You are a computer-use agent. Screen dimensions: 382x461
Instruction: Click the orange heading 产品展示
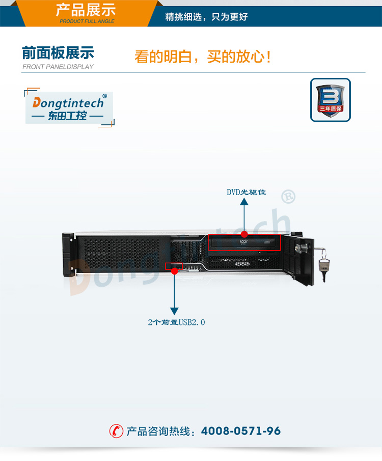click(86, 10)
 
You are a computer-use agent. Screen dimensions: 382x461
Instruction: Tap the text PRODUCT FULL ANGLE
click(87, 21)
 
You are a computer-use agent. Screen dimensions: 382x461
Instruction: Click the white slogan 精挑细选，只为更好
click(206, 17)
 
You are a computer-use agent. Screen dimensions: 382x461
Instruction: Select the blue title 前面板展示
click(58, 53)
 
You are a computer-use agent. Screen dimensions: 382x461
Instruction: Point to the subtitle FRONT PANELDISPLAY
click(58, 67)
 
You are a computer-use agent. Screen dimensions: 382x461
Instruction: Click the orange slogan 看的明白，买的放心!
click(202, 57)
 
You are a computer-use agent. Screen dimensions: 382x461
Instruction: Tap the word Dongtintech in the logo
click(68, 103)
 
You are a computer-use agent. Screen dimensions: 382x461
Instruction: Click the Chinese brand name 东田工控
click(67, 116)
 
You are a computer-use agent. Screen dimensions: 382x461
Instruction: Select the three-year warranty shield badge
click(330, 100)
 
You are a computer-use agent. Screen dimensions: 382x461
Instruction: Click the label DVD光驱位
click(246, 192)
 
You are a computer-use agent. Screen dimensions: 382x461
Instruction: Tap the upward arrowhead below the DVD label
click(244, 201)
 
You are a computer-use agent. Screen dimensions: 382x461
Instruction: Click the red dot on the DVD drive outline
click(244, 234)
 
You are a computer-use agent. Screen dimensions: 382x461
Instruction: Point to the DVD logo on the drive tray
click(243, 241)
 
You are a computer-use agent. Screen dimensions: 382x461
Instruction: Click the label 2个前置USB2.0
click(176, 322)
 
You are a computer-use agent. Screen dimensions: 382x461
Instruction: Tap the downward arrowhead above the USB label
click(174, 311)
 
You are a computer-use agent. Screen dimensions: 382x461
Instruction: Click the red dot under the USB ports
click(174, 271)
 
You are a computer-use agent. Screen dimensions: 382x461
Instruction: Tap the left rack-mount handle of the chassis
click(68, 255)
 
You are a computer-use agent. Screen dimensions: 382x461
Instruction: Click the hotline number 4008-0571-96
click(241, 431)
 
